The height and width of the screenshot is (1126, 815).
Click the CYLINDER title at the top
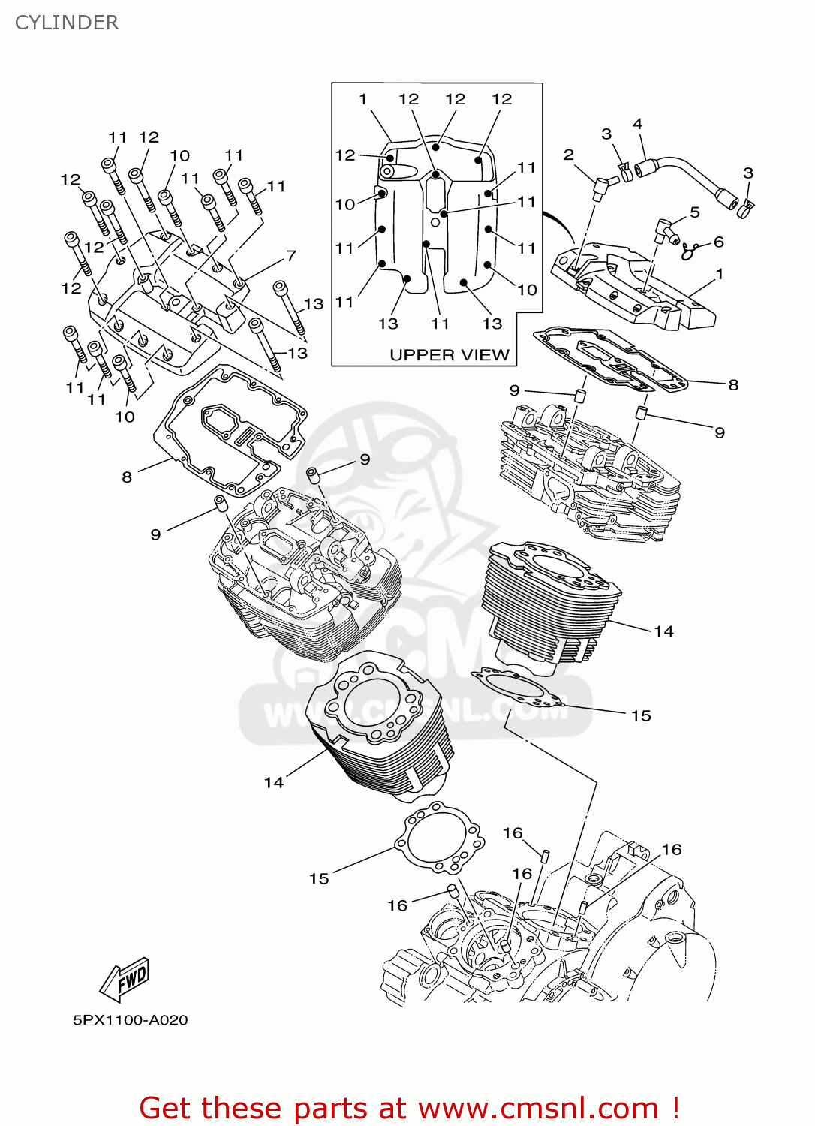point(67,23)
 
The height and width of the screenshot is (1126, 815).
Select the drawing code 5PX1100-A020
point(130,1020)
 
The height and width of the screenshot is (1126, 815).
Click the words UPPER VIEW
point(449,354)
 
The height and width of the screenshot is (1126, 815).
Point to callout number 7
point(291,256)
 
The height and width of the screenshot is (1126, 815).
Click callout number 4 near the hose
point(637,124)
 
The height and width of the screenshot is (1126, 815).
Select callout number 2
point(568,155)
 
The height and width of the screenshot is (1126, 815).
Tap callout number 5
point(694,212)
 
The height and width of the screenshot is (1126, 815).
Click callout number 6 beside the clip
point(718,242)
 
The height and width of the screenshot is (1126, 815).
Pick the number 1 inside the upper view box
point(363,99)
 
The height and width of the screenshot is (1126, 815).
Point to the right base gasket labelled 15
point(518,688)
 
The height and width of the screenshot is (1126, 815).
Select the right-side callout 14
point(663,631)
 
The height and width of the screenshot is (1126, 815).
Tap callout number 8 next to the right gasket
point(733,384)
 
